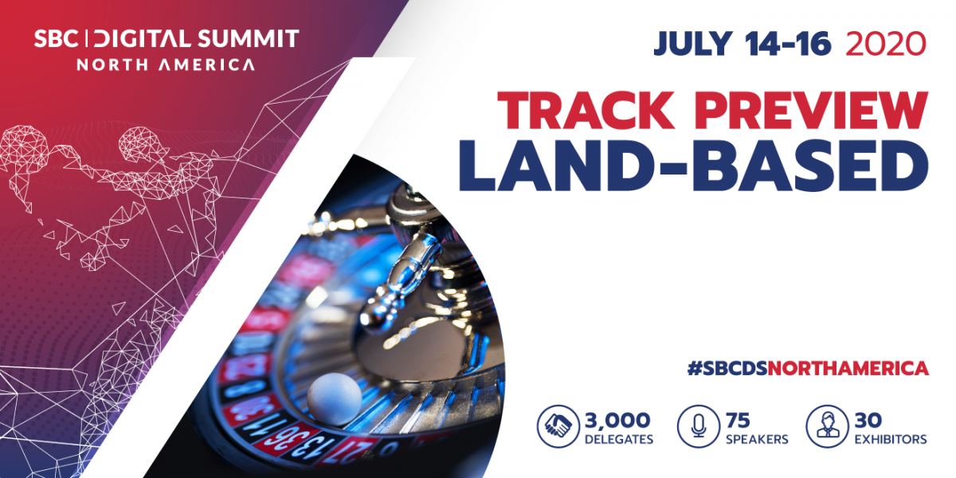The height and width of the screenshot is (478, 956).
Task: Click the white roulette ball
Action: point(334,399)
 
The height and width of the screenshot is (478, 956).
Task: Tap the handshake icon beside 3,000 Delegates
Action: point(558,426)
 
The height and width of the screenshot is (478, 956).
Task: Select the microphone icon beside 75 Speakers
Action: point(698,426)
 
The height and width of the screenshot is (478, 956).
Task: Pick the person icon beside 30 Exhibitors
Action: point(827,426)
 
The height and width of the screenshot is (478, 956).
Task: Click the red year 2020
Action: point(886,44)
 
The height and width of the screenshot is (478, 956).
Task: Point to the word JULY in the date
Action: point(693,44)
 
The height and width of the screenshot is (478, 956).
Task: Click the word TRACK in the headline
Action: point(586,110)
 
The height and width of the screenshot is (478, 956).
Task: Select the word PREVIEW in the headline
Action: point(811,110)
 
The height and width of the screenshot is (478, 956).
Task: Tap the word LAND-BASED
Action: point(694,166)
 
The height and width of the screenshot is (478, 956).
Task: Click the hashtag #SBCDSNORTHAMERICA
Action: point(808,368)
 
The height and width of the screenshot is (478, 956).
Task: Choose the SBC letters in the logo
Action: point(56,39)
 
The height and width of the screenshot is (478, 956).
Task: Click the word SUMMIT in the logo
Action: point(249,39)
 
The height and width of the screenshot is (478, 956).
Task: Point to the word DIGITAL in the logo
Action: point(142,39)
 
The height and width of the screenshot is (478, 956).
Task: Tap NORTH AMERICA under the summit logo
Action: point(166,65)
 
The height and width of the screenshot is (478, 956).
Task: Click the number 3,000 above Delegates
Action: point(617,421)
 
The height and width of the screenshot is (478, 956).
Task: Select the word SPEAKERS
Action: point(757,440)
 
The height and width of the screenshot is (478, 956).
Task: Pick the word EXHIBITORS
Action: point(891,440)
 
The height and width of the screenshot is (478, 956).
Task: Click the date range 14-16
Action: point(788,44)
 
